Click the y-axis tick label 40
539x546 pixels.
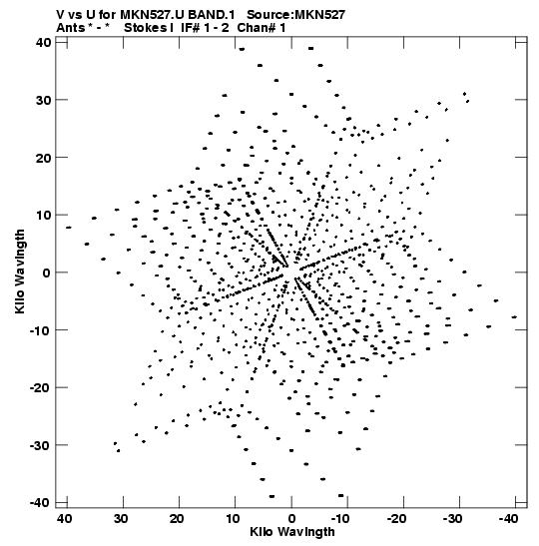pos(43,43)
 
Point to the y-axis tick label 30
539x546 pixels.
pos(43,100)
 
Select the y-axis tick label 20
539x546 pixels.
pos(43,158)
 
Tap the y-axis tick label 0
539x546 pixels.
pos(47,273)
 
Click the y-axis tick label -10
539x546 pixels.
pos(40,329)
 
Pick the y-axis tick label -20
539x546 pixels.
pos(40,387)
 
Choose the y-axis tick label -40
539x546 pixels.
pos(40,502)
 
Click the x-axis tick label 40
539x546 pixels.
pos(65,519)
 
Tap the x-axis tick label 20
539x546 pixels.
pos(177,519)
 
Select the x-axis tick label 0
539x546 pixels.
pos(291,519)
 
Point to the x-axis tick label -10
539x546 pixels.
pos(340,519)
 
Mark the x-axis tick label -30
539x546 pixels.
pos(452,519)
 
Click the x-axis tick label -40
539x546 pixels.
pos(508,519)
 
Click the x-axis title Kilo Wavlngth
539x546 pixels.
pos(292,532)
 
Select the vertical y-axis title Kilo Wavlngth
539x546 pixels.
pos(20,272)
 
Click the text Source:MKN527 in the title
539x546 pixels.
pos(296,15)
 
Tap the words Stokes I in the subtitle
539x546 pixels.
pos(149,28)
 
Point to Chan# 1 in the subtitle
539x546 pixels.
pos(262,28)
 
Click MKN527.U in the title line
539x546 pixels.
pos(153,15)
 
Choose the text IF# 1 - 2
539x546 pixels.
pos(205,28)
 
